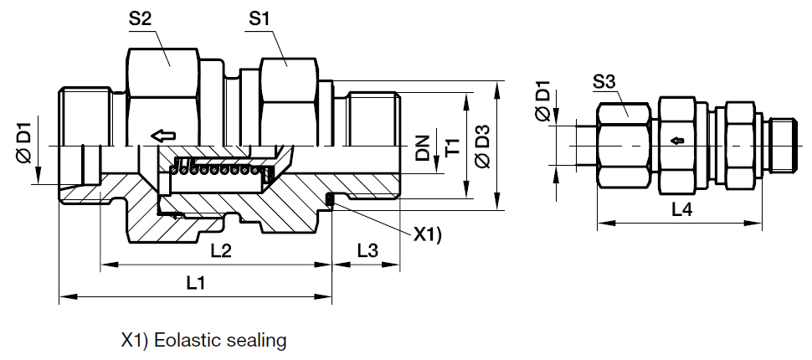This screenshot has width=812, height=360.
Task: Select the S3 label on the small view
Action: click(x=604, y=81)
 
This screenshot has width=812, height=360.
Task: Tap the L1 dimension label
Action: click(x=195, y=283)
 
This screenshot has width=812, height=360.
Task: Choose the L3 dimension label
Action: click(x=367, y=250)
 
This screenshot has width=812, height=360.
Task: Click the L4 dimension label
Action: click(x=681, y=211)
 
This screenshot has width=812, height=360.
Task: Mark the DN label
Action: click(x=424, y=147)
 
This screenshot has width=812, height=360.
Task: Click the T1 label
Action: click(x=452, y=147)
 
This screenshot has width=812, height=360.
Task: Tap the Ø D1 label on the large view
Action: click(x=23, y=142)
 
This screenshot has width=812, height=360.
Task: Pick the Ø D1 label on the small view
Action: click(x=542, y=100)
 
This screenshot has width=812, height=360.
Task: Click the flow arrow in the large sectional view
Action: click(x=162, y=135)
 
